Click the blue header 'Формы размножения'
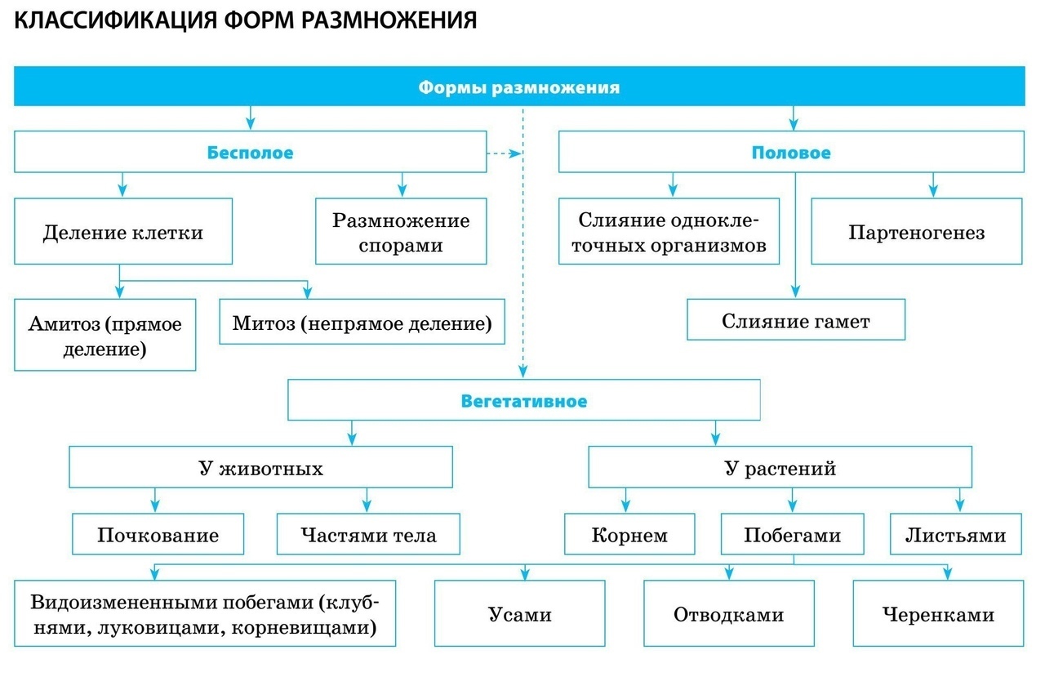click(519, 87)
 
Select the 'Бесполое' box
click(250, 152)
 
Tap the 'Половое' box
click(790, 152)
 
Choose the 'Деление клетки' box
click(122, 232)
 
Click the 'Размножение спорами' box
click(401, 232)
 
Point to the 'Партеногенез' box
click(916, 233)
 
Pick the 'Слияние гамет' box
click(795, 320)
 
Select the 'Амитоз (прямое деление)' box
click(105, 336)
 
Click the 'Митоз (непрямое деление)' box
click(362, 323)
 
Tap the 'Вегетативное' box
click(523, 401)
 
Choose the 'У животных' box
click(260, 469)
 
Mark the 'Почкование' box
click(158, 535)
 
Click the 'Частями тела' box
click(368, 535)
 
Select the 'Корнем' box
click(629, 535)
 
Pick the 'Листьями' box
click(955, 535)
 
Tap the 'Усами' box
click(519, 614)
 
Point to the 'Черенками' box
click(938, 614)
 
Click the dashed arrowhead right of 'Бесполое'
click(514, 153)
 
